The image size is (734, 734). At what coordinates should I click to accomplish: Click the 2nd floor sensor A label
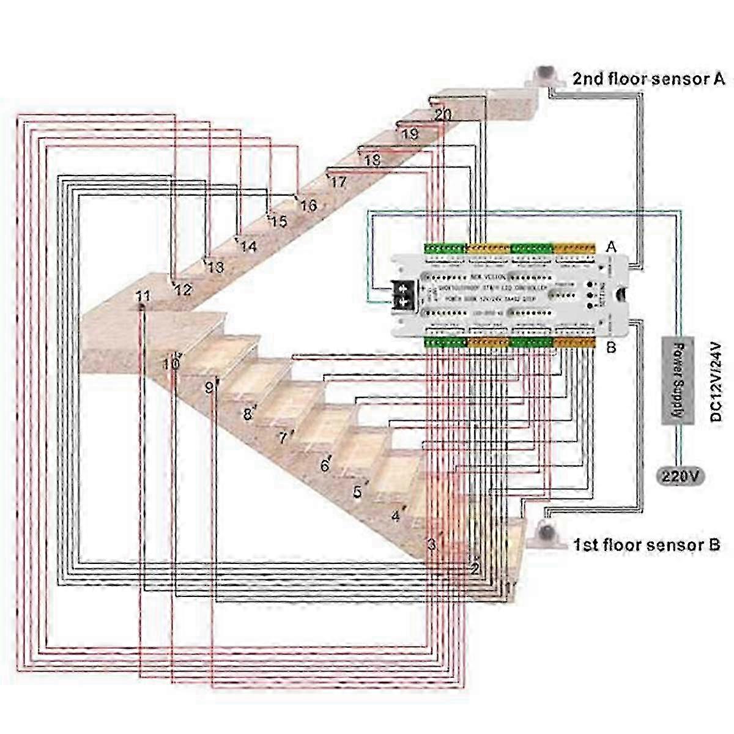click(x=648, y=78)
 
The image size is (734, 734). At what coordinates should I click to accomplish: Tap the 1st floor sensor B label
click(x=646, y=544)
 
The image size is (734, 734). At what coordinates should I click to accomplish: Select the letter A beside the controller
click(x=610, y=247)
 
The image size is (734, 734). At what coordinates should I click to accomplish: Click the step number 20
click(x=443, y=114)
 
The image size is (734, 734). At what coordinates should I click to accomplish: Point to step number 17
click(x=338, y=182)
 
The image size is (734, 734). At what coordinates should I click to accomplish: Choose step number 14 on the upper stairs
click(x=248, y=247)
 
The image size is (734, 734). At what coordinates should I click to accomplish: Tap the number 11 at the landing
click(x=143, y=297)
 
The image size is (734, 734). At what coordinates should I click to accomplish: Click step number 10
click(x=171, y=364)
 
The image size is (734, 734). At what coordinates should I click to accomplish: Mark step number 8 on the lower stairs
click(x=248, y=415)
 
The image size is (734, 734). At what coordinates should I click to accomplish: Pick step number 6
click(x=325, y=466)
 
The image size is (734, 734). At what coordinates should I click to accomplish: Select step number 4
click(x=396, y=516)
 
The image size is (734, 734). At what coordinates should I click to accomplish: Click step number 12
click(x=183, y=290)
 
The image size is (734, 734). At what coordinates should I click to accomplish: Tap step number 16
click(x=308, y=206)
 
